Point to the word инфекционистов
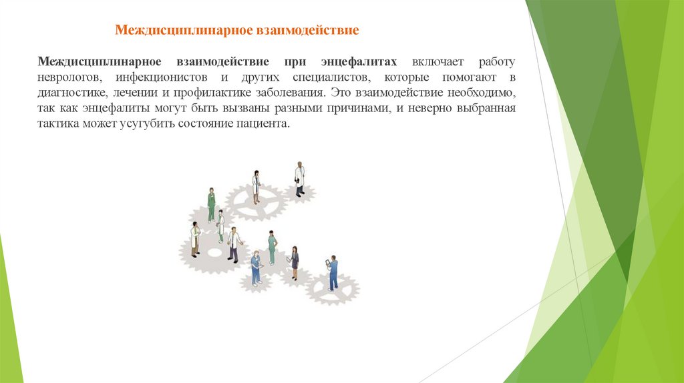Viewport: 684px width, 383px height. click(162, 77)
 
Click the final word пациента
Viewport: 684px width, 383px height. click(268, 125)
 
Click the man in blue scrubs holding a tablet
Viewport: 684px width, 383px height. click(332, 272)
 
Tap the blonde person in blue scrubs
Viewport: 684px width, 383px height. click(255, 268)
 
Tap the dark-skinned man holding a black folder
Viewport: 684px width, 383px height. click(299, 179)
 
